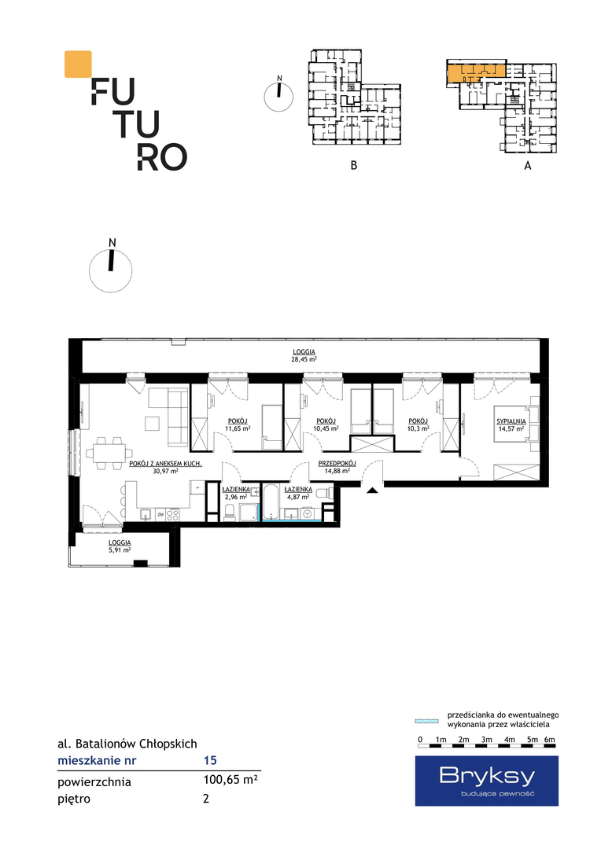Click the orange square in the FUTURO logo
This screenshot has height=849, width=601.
click(78, 64)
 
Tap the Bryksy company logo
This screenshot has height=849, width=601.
click(487, 781)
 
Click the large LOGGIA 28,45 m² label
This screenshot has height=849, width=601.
click(304, 355)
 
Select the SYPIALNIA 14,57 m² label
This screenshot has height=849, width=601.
click(511, 425)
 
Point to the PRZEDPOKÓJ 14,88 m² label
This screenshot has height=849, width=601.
click(337, 467)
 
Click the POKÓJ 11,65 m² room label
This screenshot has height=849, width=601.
click(238, 425)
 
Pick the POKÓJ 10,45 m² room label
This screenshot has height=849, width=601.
click(326, 425)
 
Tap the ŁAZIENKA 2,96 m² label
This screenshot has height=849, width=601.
click(236, 493)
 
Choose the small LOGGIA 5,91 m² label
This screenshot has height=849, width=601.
click(120, 546)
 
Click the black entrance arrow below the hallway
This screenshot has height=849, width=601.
click(372, 491)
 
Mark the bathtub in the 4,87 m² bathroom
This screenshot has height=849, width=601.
click(271, 502)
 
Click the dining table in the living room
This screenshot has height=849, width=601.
click(109, 453)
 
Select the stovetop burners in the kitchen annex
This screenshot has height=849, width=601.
click(173, 514)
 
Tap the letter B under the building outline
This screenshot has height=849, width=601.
click(354, 165)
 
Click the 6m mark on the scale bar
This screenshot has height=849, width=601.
click(550, 740)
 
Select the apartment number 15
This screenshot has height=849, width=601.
click(210, 760)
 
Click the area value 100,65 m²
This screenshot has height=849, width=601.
click(230, 781)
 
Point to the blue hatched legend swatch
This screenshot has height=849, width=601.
click(426, 721)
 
